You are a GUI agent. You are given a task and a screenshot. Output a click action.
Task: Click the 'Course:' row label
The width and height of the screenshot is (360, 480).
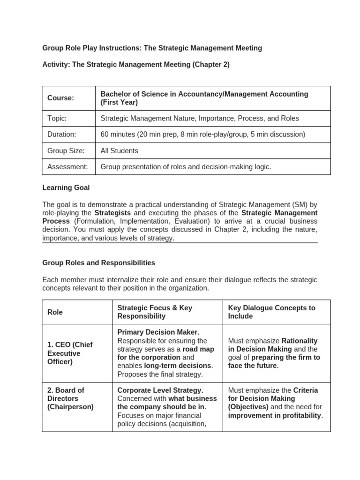[60, 98]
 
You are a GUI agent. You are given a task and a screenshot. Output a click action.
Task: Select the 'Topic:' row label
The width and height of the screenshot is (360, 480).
[57, 119]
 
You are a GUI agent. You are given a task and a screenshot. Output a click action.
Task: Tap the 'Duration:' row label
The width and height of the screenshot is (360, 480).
[61, 135]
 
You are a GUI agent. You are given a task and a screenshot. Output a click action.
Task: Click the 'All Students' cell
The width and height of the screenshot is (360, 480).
[120, 150]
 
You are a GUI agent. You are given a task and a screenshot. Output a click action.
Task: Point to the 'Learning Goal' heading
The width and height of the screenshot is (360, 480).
[66, 187]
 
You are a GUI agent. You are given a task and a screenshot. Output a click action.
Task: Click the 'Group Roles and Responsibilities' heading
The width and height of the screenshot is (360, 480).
[98, 262]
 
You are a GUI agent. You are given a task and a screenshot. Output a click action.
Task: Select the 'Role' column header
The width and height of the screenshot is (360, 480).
[55, 312]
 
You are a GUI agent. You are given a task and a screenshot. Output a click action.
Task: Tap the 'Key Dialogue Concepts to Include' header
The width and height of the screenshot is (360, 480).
[271, 312]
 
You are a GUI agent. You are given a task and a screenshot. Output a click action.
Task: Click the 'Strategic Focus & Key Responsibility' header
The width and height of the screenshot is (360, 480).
[155, 312]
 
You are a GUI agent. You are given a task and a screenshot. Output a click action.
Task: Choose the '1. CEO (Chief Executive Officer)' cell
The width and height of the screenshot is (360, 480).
[70, 353]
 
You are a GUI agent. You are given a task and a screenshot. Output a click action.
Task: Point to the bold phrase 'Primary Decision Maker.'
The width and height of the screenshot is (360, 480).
[158, 332]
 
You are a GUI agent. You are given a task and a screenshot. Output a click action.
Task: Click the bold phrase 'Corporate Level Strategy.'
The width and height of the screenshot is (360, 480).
[160, 390]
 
